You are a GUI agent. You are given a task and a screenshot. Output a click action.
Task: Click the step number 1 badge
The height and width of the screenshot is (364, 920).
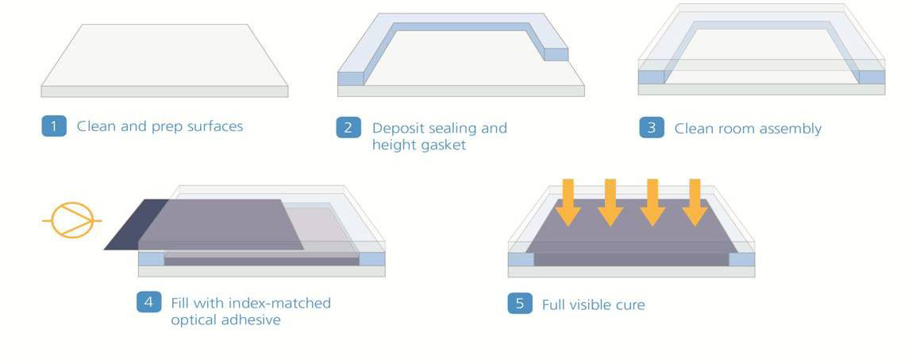(54, 126)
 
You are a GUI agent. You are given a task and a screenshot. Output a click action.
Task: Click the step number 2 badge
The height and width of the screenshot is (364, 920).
(348, 128)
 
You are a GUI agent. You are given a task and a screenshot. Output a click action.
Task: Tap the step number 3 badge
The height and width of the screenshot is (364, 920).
(652, 128)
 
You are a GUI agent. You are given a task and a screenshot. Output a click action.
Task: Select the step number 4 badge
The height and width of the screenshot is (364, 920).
(149, 302)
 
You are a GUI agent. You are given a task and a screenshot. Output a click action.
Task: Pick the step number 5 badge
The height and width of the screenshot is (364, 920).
(521, 304)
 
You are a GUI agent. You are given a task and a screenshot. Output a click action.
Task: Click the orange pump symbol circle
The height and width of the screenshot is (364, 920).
(71, 220)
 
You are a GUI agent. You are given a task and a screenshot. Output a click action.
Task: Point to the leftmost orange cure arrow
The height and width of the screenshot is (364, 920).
(568, 203)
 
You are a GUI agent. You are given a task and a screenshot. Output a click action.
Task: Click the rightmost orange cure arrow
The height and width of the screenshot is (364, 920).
(695, 203)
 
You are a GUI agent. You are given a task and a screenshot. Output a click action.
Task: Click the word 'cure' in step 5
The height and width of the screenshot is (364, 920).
(630, 305)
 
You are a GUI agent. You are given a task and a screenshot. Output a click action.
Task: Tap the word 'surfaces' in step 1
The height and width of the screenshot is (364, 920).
(215, 126)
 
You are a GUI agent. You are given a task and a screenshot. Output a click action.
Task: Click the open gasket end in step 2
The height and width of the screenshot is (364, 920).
(556, 54)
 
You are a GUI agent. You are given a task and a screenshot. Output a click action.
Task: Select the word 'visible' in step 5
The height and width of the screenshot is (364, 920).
(588, 304)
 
